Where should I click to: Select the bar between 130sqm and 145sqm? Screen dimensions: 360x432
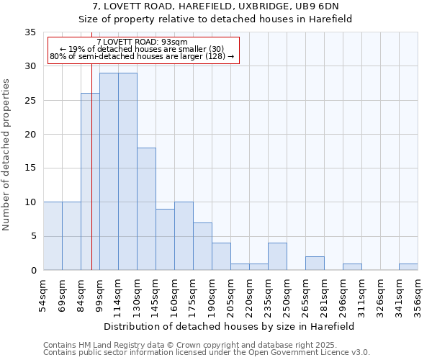point(146,209)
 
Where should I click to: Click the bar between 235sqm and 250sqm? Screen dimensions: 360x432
point(277,256)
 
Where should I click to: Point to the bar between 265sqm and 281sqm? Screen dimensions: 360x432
point(315,263)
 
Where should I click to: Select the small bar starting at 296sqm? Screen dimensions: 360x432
point(352,266)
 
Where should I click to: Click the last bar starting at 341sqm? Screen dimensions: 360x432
point(408,266)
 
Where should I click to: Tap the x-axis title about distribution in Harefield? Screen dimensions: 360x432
point(230,326)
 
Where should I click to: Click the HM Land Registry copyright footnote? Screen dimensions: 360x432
point(205,345)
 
